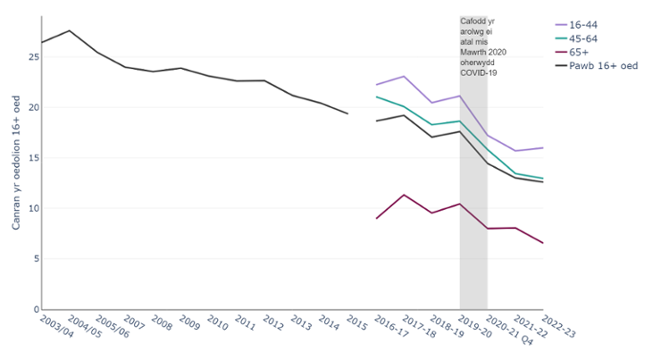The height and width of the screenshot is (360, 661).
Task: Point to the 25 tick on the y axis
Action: pyautogui.click(x=33, y=57)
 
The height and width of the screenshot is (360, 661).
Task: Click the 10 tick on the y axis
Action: pyautogui.click(x=33, y=209)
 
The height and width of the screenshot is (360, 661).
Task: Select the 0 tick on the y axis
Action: pyautogui.click(x=36, y=310)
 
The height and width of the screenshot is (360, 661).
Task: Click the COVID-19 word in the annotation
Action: pyautogui.click(x=478, y=72)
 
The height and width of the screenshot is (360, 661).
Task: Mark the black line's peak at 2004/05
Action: pyautogui.click(x=70, y=30)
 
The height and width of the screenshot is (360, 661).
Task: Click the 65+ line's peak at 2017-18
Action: pyautogui.click(x=405, y=195)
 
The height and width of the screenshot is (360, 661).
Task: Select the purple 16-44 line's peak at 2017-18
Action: pyautogui.click(x=405, y=76)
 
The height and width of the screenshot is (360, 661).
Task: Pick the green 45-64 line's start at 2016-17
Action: pyautogui.click(x=377, y=96)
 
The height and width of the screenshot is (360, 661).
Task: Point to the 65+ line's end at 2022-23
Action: pyautogui.click(x=543, y=243)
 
